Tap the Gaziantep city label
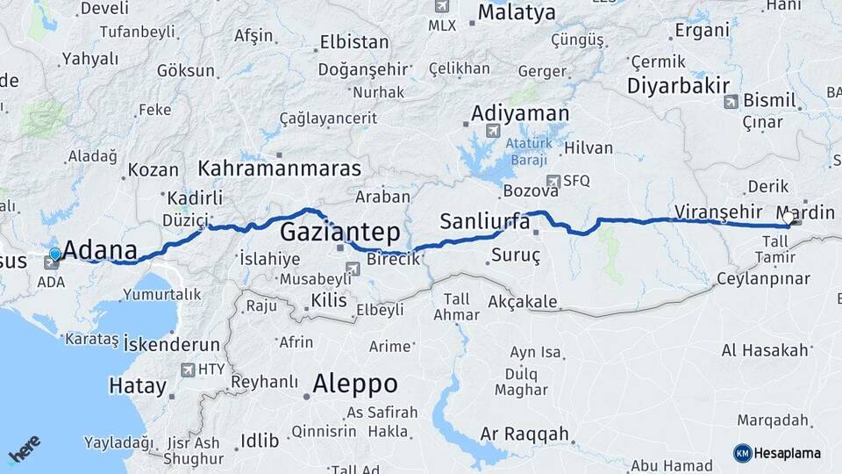coord(340,233)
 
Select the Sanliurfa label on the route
coord(485,221)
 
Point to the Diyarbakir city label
coord(679,86)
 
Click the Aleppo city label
coord(355,384)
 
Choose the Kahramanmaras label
coord(280,168)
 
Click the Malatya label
coord(517,13)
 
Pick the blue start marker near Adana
coord(55,255)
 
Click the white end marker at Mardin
coord(788,217)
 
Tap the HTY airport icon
coord(188,370)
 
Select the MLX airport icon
coord(441,7)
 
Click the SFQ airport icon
coord(553,181)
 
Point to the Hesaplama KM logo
coord(777,453)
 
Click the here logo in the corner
coord(25,449)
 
